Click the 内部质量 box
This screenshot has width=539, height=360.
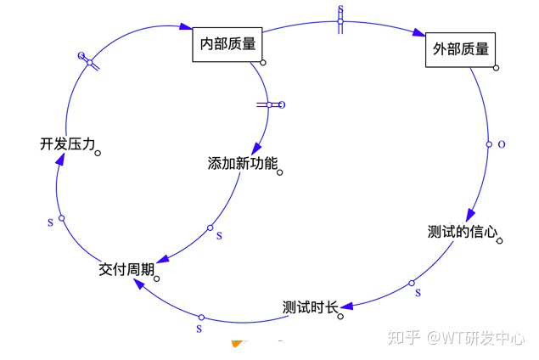(227, 43)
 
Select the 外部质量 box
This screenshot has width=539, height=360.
(459, 49)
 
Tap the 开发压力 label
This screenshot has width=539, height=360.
(67, 144)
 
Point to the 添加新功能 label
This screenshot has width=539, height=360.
(243, 162)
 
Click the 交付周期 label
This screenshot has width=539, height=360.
(126, 269)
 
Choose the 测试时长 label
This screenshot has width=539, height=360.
(310, 307)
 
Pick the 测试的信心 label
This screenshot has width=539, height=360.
(463, 232)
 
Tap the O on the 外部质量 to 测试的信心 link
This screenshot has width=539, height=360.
(501, 144)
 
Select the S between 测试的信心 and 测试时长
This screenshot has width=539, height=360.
(418, 293)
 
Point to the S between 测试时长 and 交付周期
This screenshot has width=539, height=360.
(199, 327)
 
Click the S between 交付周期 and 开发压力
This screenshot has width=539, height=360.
(50, 222)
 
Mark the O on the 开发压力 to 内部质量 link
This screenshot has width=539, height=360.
(81, 56)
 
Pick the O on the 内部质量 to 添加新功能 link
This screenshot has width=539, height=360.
(282, 105)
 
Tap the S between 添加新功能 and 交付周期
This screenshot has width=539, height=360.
(219, 235)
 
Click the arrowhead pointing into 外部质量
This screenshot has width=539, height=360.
(418, 34)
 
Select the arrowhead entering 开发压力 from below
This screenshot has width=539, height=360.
(56, 166)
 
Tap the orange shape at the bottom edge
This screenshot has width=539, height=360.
(237, 343)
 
